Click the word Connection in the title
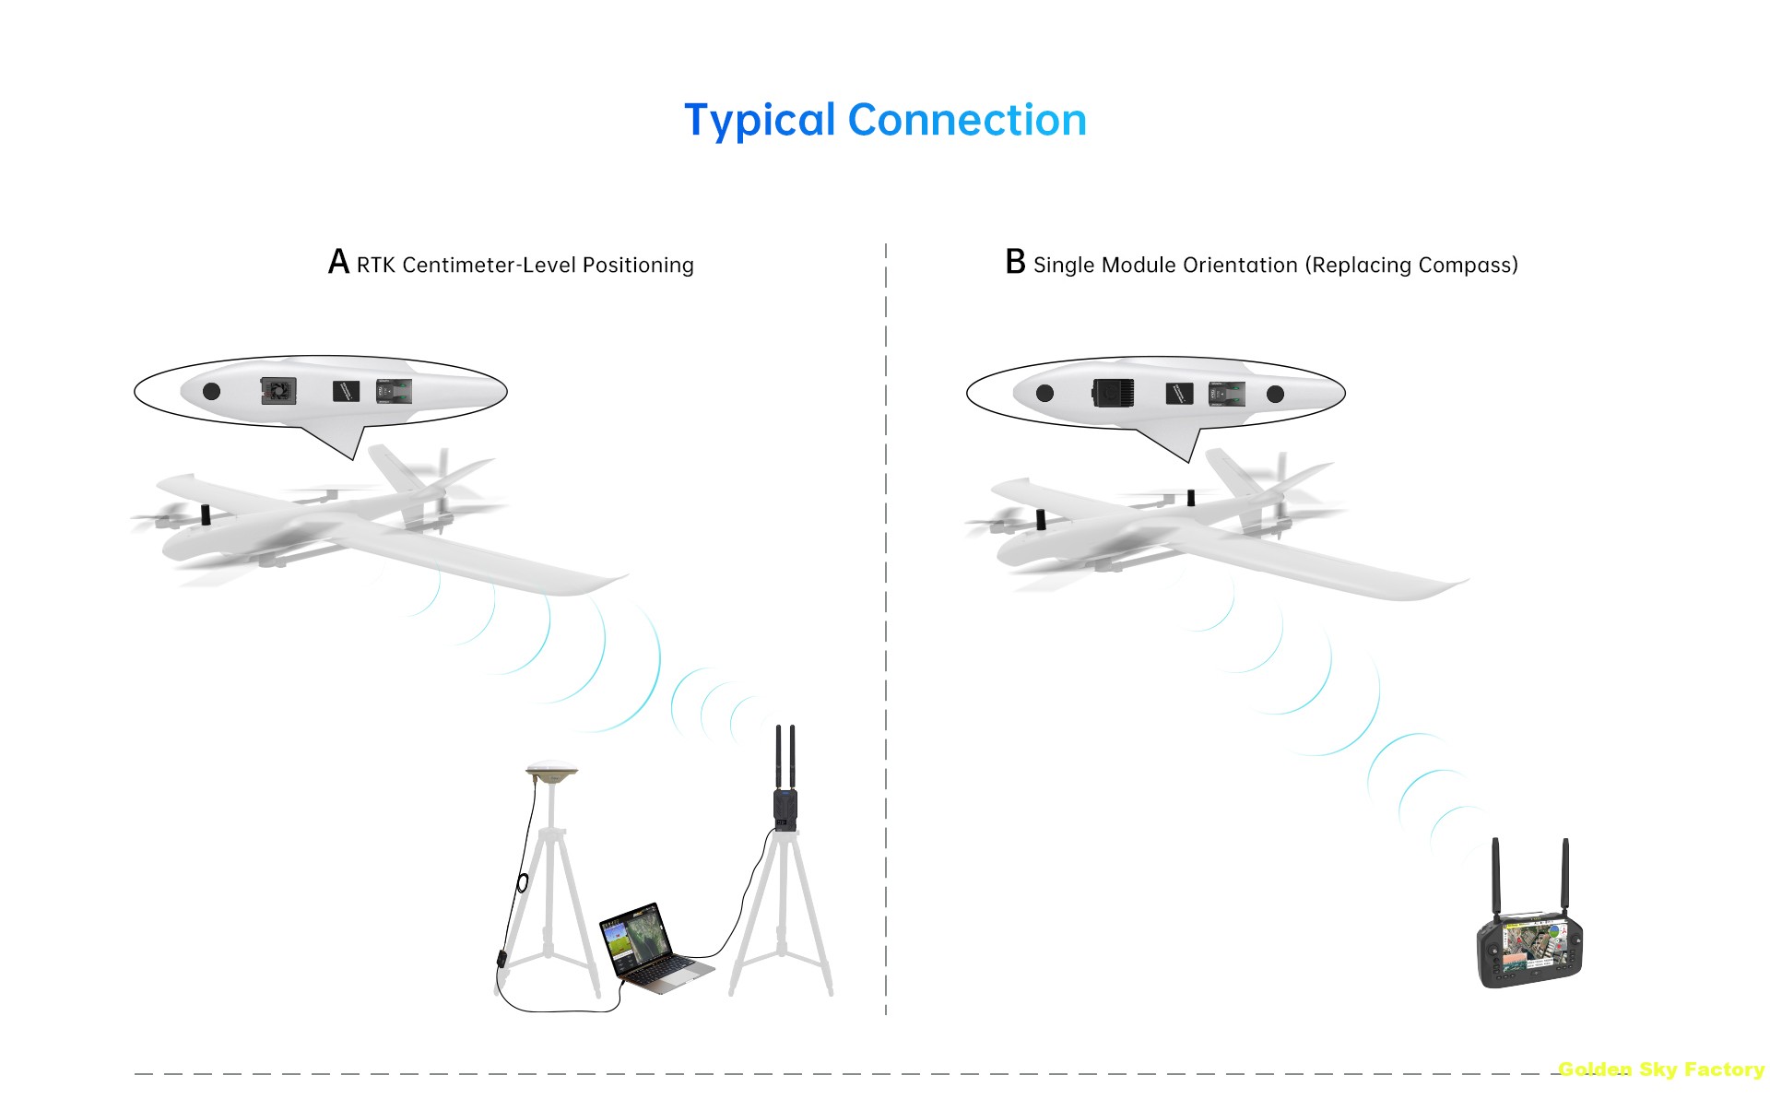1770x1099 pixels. [967, 121]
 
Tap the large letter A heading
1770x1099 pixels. [338, 263]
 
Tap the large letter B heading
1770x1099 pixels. [1015, 263]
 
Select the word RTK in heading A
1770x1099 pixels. [375, 266]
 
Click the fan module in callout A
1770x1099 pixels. [277, 392]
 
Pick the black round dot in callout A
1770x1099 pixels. [211, 391]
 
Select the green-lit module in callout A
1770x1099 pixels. [394, 392]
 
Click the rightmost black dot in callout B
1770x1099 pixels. [1275, 394]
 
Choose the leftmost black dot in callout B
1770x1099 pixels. [1044, 393]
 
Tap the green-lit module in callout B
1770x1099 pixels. [1226, 394]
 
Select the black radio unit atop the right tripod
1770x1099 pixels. [785, 809]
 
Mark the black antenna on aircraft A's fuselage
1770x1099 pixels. [206, 514]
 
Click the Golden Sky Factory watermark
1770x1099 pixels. [1660, 1069]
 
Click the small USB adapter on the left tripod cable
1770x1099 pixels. [501, 957]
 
